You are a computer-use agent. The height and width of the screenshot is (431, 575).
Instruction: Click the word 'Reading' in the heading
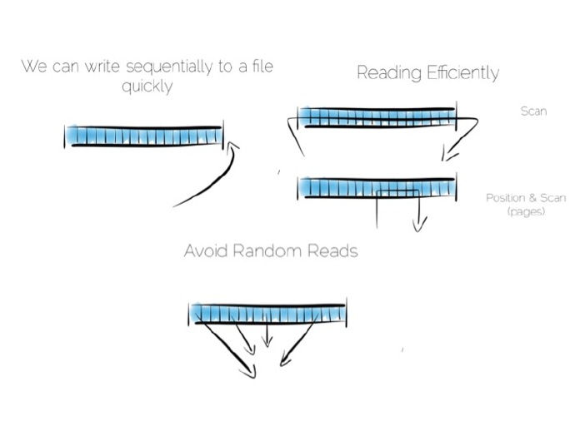point(387,73)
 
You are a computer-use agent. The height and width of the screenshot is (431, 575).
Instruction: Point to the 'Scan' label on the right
point(532,111)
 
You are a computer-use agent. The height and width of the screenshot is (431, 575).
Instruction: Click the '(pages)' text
point(526,213)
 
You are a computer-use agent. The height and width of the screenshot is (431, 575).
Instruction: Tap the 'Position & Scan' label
point(526,198)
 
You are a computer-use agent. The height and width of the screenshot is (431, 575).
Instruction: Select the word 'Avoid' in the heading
point(206,250)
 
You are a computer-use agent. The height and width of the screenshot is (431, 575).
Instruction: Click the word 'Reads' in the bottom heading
point(332,250)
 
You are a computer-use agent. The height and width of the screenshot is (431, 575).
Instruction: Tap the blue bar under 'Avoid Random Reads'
point(267,314)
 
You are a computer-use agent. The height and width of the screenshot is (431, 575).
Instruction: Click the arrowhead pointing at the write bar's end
point(232,146)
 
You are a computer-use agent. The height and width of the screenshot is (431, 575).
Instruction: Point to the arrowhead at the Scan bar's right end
point(449,152)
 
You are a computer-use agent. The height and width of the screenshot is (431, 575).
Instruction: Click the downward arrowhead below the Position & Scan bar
point(419,224)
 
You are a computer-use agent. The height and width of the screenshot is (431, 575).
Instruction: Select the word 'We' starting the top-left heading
point(32,67)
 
